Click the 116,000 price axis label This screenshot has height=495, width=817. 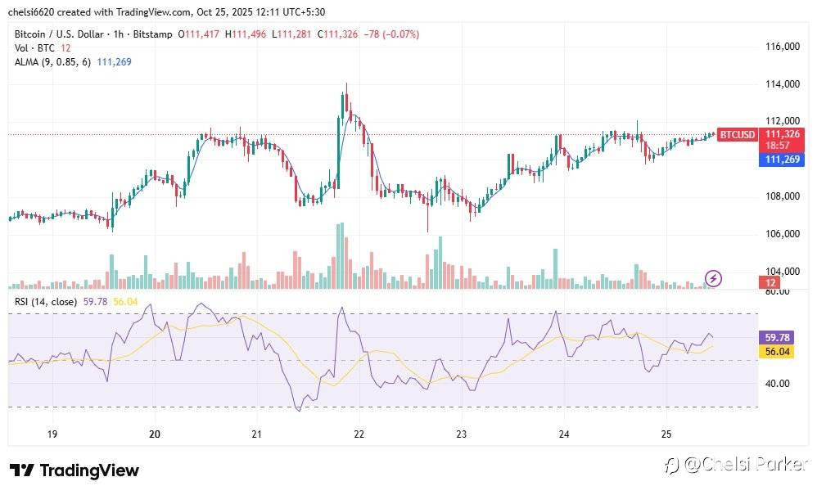(x=782, y=47)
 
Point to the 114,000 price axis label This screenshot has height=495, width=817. (x=782, y=84)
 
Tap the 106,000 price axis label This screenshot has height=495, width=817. (x=782, y=234)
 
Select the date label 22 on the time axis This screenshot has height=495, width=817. (x=359, y=434)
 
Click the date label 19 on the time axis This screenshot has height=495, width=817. (x=52, y=434)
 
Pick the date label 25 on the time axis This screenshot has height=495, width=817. (x=666, y=434)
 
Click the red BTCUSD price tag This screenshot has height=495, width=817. (x=738, y=134)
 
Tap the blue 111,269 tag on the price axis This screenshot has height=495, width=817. (x=781, y=160)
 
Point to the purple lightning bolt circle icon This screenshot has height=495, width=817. (x=713, y=278)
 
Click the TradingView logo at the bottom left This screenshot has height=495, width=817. (x=74, y=470)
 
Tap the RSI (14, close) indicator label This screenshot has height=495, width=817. (x=46, y=302)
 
